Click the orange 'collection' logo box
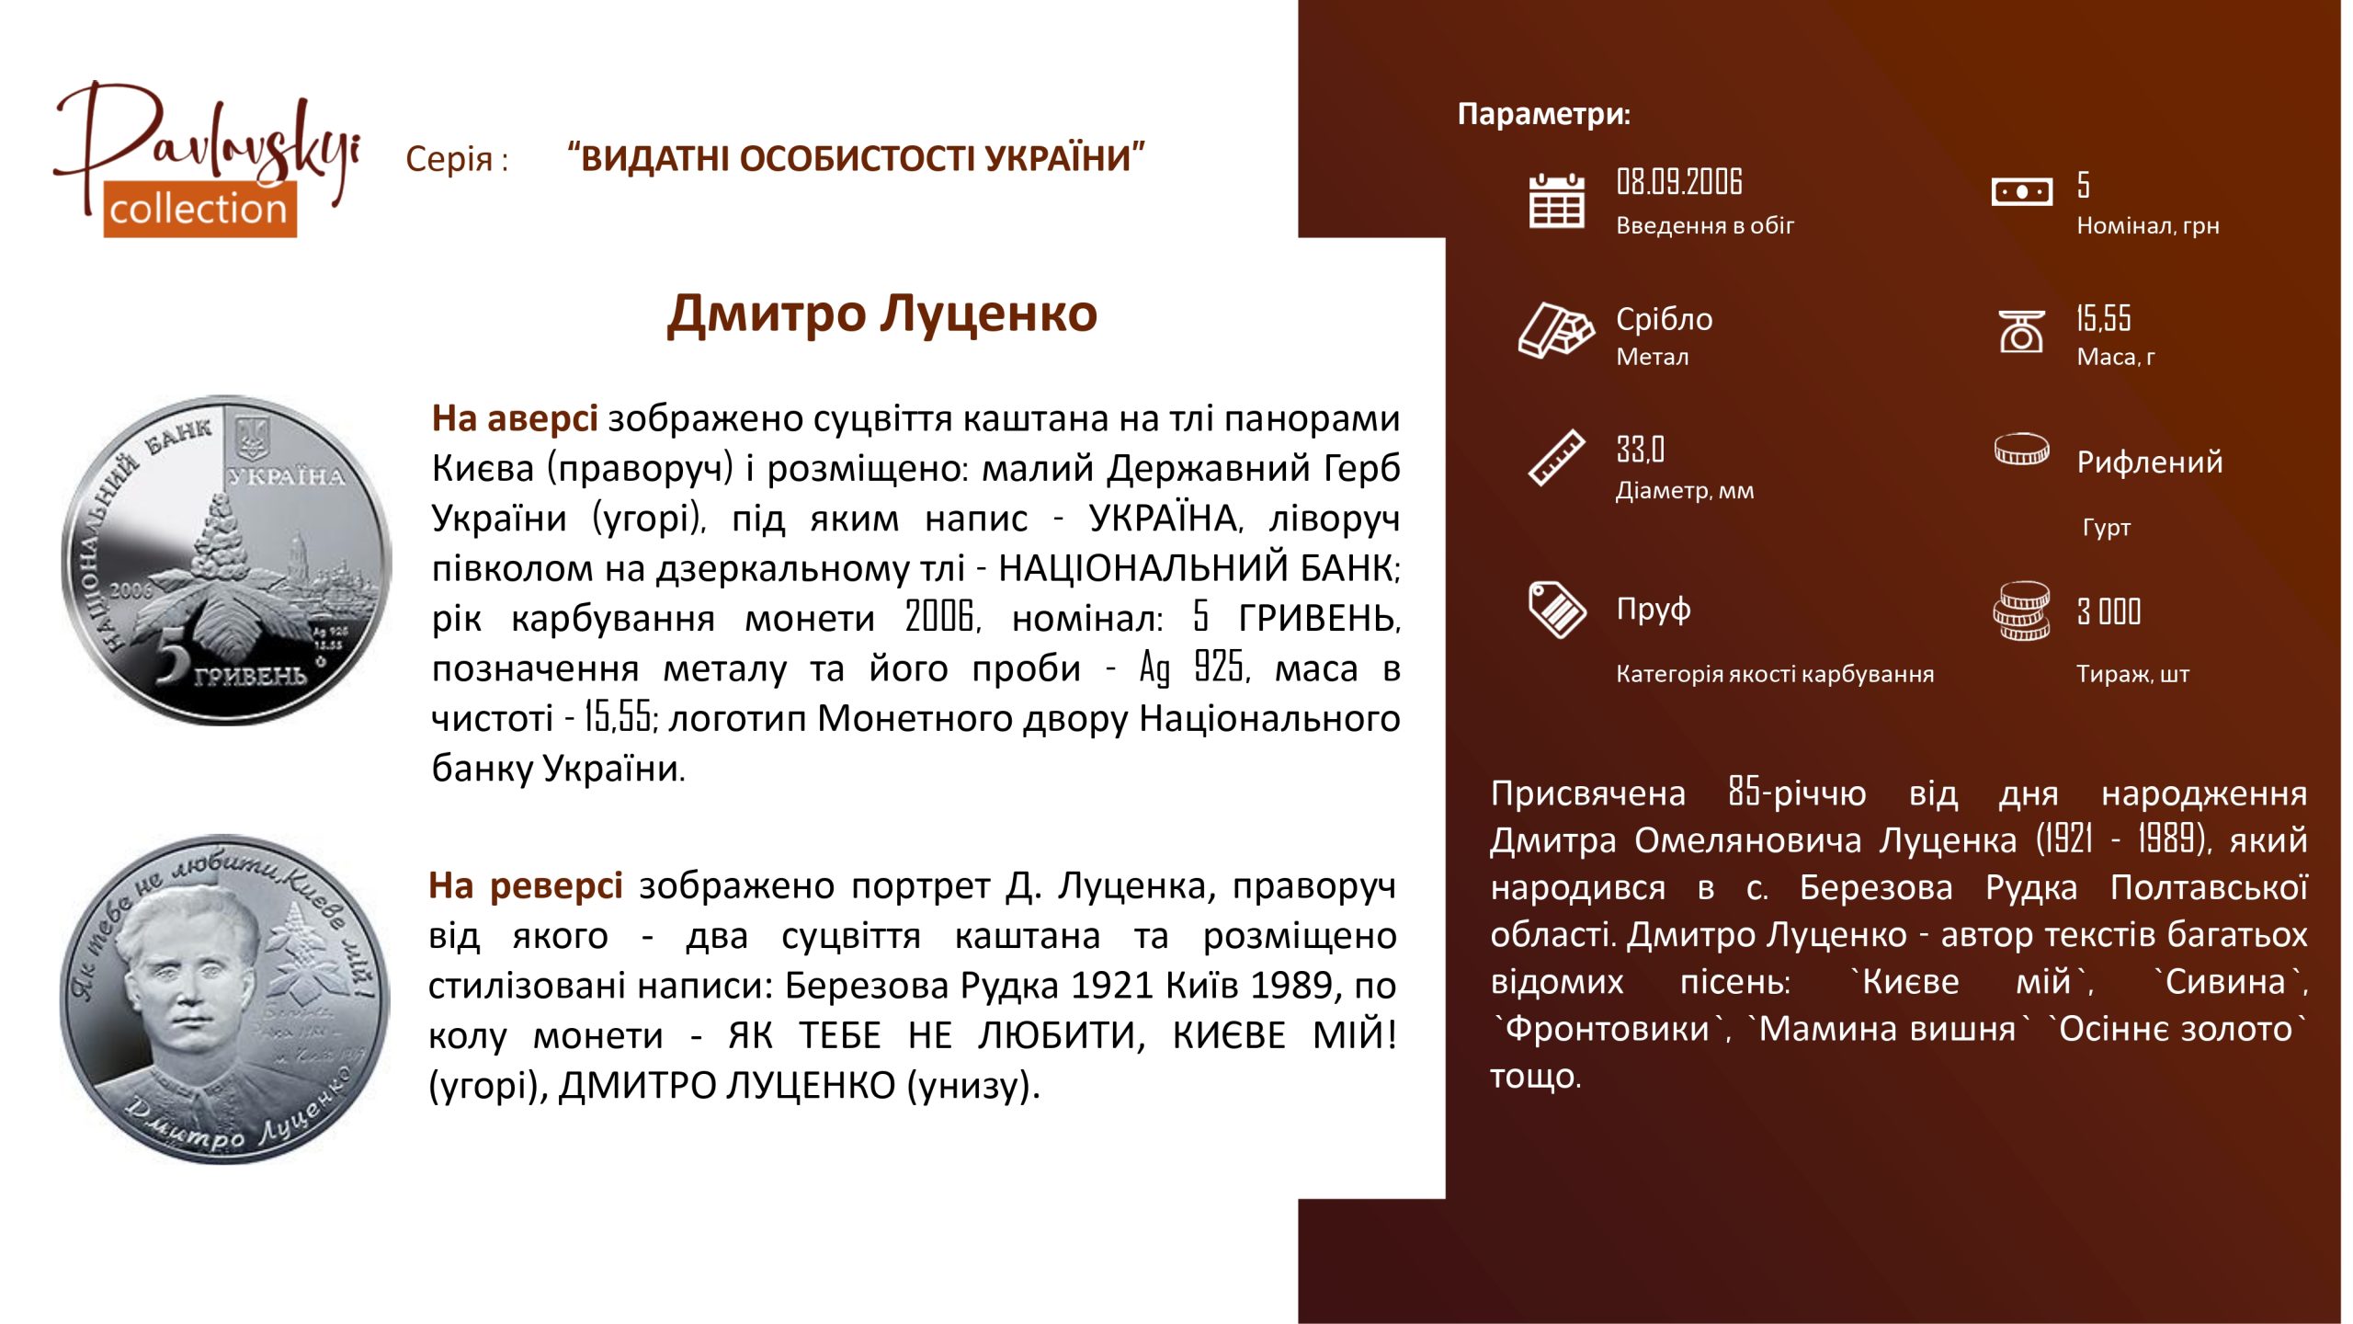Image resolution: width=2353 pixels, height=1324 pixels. tap(199, 209)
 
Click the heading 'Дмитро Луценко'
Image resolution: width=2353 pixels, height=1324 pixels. tap(882, 314)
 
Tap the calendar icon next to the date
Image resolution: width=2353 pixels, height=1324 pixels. tap(1556, 200)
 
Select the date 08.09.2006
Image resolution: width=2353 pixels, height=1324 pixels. tap(1679, 182)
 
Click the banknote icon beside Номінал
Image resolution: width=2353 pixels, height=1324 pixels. tap(2021, 192)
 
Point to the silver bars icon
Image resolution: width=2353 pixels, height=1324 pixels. tap(1556, 329)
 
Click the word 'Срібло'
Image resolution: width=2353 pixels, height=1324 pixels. tap(1665, 319)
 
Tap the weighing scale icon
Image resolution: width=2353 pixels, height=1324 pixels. tap(2021, 331)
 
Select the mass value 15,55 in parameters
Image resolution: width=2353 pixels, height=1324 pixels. tap(2103, 318)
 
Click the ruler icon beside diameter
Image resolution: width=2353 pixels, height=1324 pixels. tap(1556, 457)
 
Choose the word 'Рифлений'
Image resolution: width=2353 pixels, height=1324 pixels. tap(2150, 462)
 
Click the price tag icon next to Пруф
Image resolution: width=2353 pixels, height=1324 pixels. tap(1556, 609)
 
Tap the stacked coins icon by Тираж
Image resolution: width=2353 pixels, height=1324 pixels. tap(2021, 610)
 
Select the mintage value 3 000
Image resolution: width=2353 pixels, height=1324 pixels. tap(2109, 611)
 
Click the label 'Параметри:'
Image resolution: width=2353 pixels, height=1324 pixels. tap(1544, 114)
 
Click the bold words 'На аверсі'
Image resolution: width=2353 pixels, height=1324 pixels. tap(515, 418)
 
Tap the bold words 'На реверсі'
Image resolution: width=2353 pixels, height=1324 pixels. tap(526, 885)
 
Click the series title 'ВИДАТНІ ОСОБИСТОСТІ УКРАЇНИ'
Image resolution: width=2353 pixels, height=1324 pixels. tap(857, 159)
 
